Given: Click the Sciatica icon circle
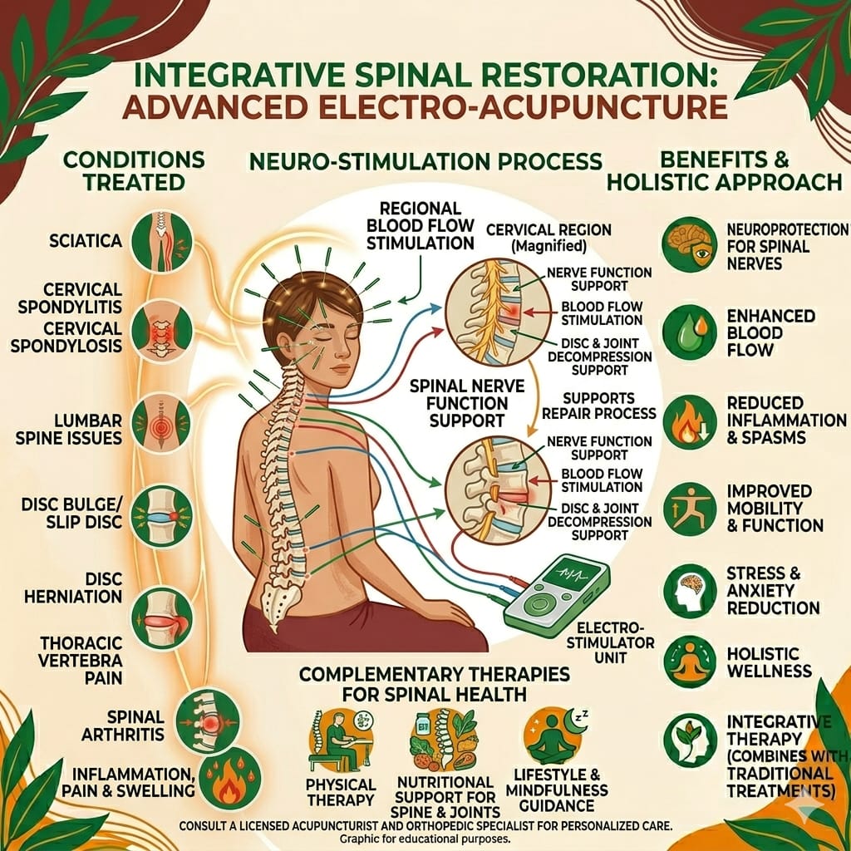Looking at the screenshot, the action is pos(162,242).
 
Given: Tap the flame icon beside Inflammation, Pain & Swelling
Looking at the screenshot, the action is pos(229,778).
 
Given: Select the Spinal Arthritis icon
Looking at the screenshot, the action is pos(209,721).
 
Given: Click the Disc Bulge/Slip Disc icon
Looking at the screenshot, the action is pos(162,515).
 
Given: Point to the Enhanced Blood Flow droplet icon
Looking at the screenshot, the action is pos(689,332).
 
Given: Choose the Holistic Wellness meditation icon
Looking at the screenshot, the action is pos(690,662).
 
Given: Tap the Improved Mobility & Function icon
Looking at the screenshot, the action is pos(690,509).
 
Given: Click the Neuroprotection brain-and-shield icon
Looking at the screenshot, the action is pos(689,245).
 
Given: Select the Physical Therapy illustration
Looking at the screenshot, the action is pos(340,741).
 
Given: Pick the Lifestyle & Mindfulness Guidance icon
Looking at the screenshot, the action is pos(554,736).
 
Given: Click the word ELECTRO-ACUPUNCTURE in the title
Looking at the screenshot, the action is pos(526,107).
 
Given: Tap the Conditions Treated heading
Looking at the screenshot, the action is pos(134,171).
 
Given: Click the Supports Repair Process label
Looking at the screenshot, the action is pos(598,406).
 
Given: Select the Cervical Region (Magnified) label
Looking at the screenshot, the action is pos(548,238).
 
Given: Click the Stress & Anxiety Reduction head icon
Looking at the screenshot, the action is pos(690,591).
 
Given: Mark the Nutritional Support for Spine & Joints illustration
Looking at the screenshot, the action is pos(445,740).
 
